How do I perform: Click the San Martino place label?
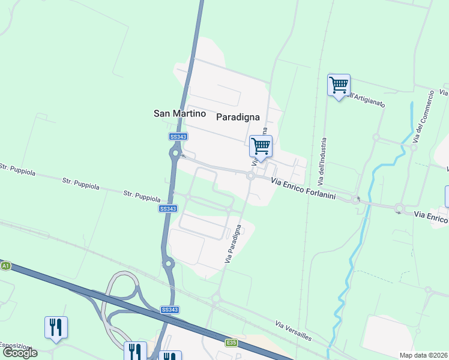coord(179,113)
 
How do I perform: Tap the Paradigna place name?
coord(238,117)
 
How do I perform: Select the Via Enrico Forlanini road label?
coord(303,188)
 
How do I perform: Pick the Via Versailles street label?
coord(294,331)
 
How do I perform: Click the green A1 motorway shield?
coord(5,265)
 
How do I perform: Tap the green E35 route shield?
coord(231,343)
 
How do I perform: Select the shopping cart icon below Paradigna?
coord(261,146)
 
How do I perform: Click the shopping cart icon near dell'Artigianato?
coord(339,85)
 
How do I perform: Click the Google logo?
coord(20,353)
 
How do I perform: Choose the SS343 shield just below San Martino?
coord(178,137)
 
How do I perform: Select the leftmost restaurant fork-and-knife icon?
coord(56,328)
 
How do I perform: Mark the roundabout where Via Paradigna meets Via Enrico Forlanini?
coord(250,175)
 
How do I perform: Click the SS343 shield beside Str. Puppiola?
coord(168,208)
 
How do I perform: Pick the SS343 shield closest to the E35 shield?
coord(169,310)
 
